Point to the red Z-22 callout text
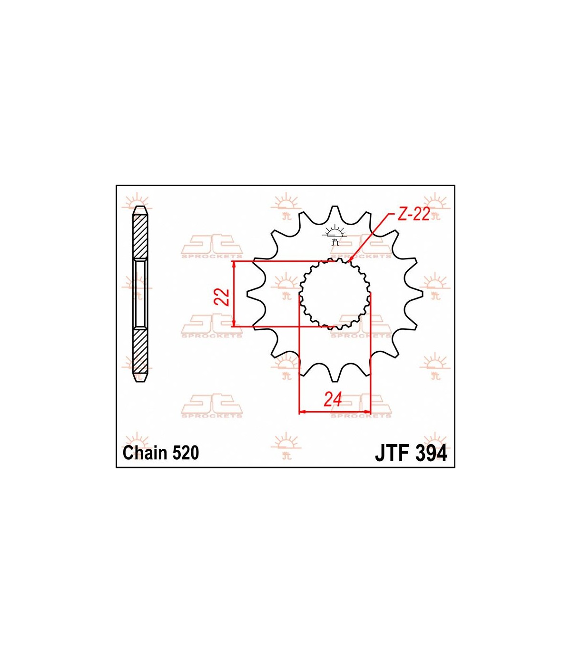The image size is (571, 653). (413, 215)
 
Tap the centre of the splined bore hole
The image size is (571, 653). (335, 294)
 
